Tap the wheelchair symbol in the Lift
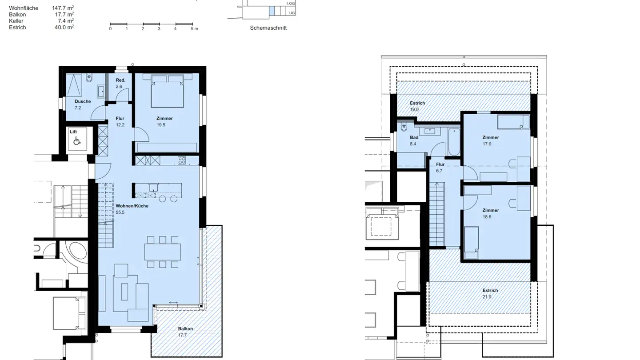(x=76, y=141)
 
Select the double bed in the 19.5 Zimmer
(x=167, y=92)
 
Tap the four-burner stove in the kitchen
(x=182, y=160)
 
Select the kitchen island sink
(x=153, y=187)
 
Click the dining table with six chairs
(x=163, y=252)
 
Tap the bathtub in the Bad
(x=454, y=141)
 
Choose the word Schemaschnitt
(x=268, y=28)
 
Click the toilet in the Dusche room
(x=89, y=78)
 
